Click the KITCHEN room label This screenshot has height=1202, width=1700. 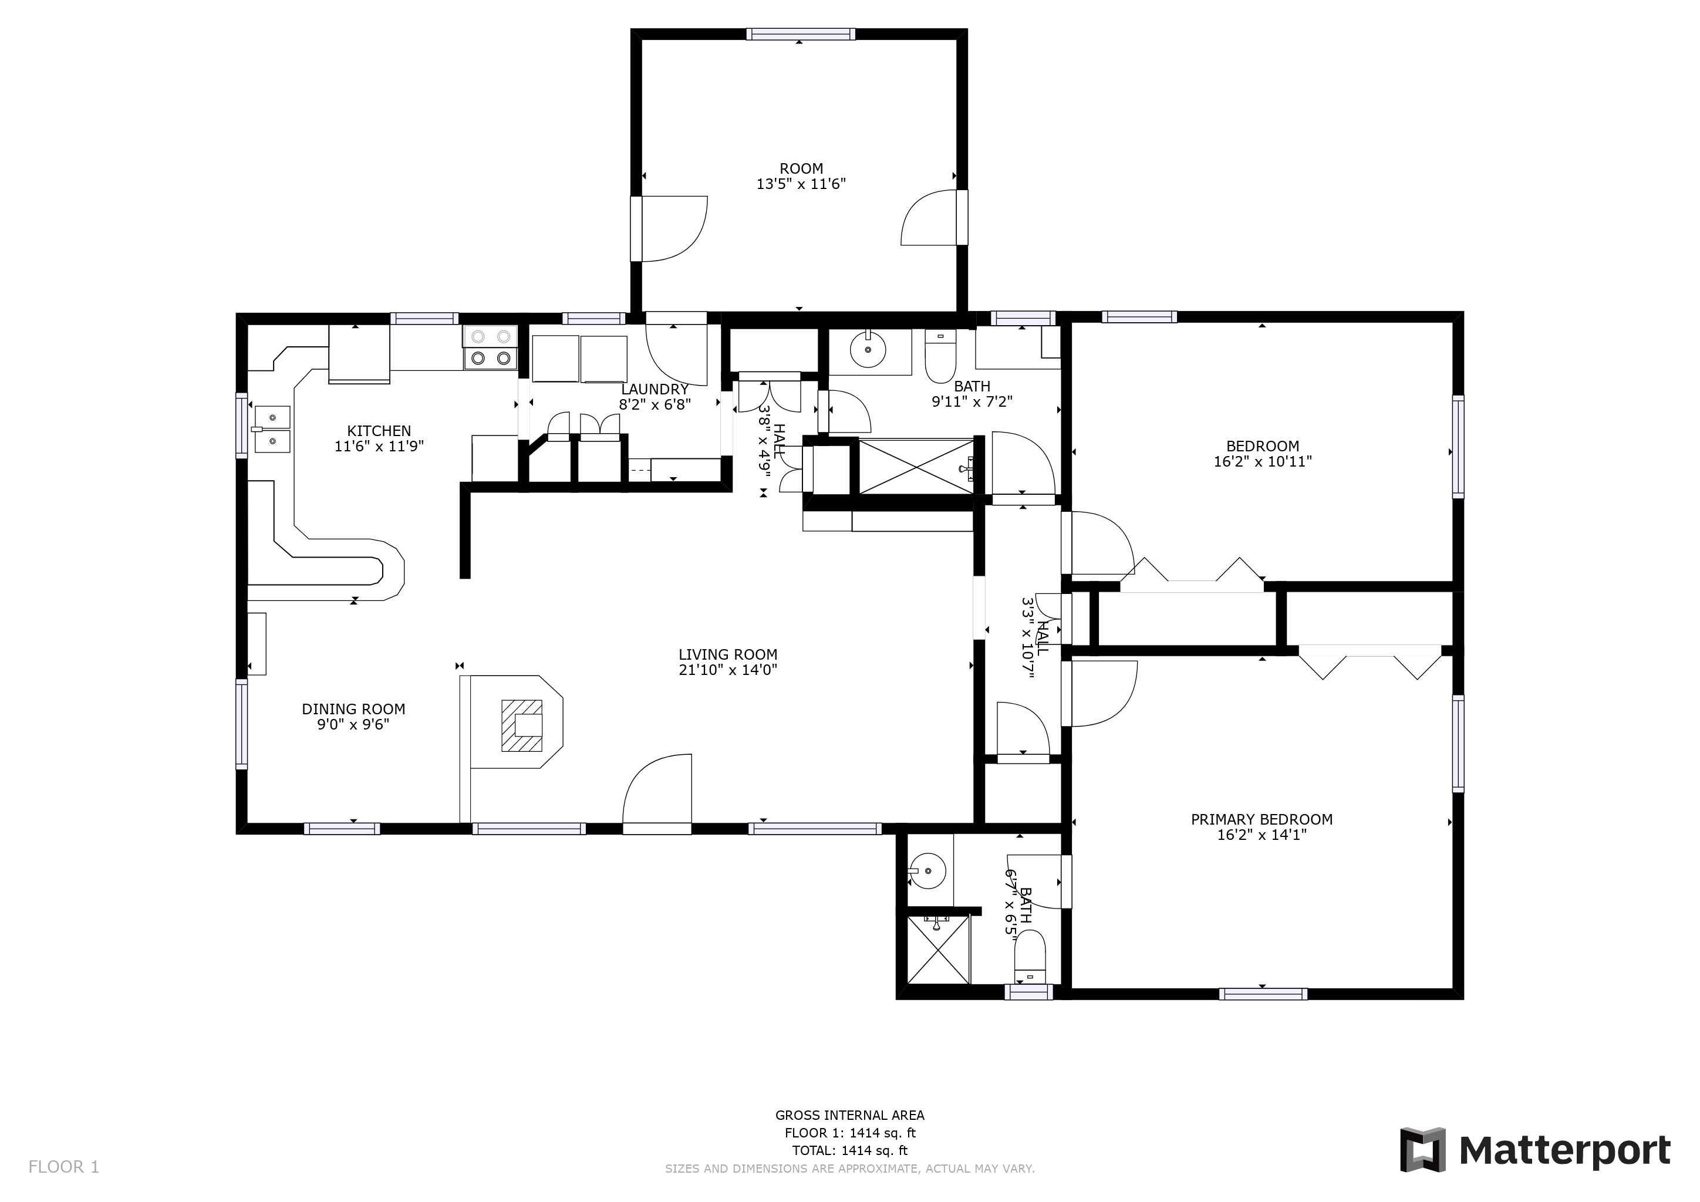pos(379,431)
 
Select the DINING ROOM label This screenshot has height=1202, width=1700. pos(353,709)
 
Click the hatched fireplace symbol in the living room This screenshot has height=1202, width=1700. pos(522,725)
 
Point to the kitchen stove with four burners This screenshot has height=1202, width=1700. pos(490,348)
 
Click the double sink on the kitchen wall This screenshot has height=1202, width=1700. pos(272,429)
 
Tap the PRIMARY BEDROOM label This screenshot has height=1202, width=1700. pos(1261,819)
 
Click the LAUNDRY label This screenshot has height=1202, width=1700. pos(655,389)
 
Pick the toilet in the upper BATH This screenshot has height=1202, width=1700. pos(940,355)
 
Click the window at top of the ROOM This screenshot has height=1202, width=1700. pos(800,34)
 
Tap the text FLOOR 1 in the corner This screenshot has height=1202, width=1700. pos(63,1167)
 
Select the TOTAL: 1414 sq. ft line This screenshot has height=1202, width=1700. pos(849,1150)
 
